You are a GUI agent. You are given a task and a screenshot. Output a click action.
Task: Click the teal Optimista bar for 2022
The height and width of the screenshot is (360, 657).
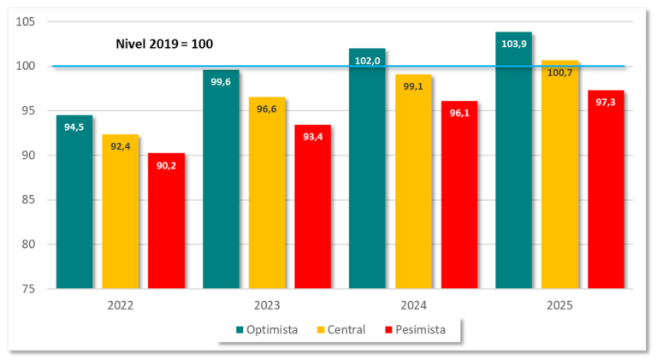pos(74,205)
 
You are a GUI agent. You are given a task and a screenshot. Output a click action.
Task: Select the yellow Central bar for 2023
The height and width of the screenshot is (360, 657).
pos(267,197)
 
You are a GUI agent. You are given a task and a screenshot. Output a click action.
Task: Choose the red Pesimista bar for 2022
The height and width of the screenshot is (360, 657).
pos(166,224)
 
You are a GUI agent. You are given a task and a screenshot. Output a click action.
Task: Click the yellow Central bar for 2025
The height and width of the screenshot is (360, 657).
pos(559,180)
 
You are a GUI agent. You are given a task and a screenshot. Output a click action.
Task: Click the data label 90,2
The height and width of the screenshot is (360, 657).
pos(167,165)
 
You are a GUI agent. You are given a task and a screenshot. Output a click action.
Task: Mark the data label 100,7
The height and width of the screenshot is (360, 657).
pos(559,73)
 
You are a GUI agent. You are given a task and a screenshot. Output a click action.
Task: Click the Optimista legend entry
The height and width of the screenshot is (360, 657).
pos(267,329)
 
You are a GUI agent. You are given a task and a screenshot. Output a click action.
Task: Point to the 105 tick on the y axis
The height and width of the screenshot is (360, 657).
pos(29,21)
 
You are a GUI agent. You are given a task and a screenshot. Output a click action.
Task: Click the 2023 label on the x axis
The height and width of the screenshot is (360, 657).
pos(267,304)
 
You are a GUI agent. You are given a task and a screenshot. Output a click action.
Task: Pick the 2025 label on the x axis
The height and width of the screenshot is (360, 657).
pos(559,304)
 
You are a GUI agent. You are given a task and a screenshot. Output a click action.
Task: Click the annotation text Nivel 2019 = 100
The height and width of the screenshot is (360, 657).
pos(164,44)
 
